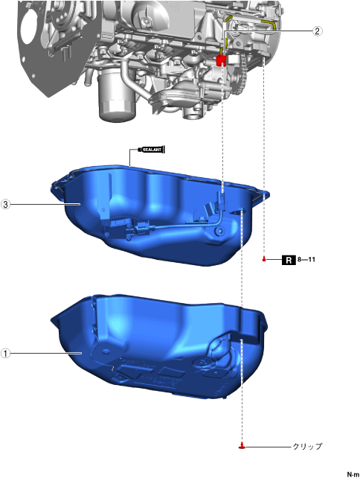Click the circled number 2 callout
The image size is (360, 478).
(317, 31)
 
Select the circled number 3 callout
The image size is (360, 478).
(5, 204)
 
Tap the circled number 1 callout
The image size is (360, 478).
(5, 354)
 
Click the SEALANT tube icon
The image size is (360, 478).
(152, 150)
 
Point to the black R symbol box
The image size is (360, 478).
(289, 260)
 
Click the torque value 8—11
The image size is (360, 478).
(306, 260)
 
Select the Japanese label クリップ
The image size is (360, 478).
(307, 447)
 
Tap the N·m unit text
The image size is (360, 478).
(353, 474)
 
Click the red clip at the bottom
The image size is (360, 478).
(242, 446)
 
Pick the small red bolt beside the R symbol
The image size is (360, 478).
(264, 259)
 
